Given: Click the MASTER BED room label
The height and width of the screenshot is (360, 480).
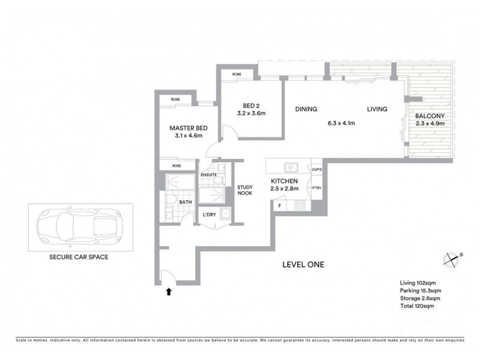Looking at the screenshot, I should [x=188, y=128].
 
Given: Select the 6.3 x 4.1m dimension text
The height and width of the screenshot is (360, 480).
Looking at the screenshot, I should [x=342, y=124].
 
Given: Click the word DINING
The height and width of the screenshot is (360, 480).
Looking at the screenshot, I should [x=305, y=109].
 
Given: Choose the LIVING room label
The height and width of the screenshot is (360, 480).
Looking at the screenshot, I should [x=377, y=109].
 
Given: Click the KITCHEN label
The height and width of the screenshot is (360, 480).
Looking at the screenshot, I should [x=285, y=181].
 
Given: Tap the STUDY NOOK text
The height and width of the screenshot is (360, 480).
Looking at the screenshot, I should [x=244, y=190].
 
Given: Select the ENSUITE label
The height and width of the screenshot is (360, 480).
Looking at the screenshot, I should [x=209, y=175].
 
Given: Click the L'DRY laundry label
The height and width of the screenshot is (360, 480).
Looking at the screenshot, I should [x=209, y=215].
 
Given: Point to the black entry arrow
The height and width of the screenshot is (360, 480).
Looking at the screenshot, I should [x=169, y=292].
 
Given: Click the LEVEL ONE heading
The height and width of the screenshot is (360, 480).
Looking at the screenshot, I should [x=303, y=265].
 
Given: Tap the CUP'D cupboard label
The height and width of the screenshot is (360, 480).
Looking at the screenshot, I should [x=317, y=170].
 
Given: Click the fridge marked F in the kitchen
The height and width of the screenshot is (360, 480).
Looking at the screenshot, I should [x=280, y=206].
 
